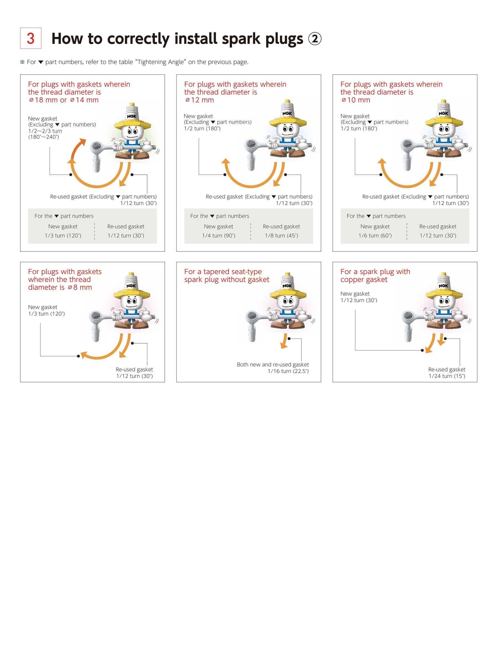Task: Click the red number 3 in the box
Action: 31,38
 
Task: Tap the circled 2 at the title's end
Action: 314,39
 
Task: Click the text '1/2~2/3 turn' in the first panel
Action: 45,131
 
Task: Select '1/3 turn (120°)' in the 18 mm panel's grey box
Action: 63,236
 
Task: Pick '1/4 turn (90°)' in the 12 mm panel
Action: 218,236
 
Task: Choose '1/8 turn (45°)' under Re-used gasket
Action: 281,236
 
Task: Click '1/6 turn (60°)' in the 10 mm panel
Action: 375,236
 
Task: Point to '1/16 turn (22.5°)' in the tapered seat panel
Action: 288,371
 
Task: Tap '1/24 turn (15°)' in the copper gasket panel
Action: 447,376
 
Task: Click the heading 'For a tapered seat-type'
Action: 223,272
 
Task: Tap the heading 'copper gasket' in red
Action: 364,280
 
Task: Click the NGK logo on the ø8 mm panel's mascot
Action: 131,286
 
